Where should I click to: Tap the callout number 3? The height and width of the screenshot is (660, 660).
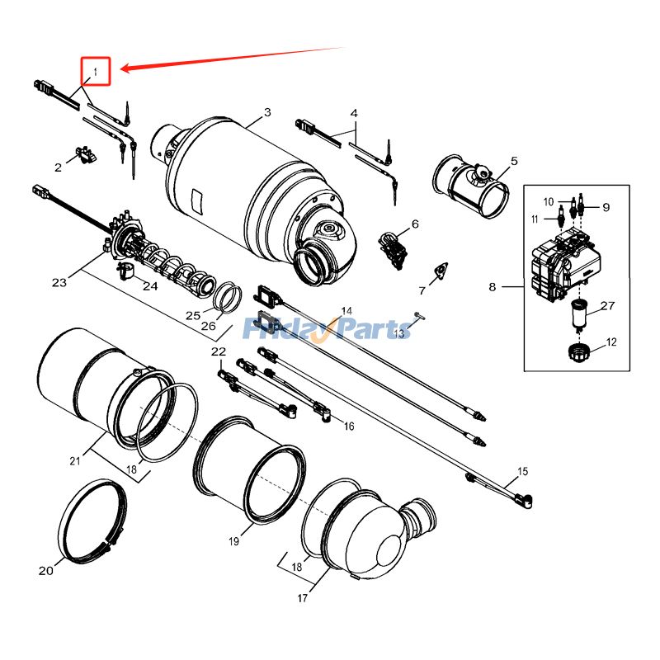(x=267, y=112)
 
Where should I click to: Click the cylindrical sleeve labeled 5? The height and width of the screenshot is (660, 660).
(x=470, y=183)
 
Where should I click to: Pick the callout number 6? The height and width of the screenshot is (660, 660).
(x=415, y=224)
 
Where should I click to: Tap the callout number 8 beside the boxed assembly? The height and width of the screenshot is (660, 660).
(x=493, y=287)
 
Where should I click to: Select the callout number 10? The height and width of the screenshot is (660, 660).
(x=549, y=201)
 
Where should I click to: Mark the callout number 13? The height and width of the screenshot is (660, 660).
(x=398, y=333)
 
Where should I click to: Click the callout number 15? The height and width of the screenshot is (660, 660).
(x=521, y=472)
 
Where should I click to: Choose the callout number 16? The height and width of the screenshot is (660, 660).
(x=349, y=426)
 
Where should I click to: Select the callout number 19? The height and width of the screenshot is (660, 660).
(x=233, y=541)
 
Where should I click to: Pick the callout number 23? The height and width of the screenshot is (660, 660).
(x=59, y=282)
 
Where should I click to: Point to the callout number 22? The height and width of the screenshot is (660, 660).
(x=218, y=351)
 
